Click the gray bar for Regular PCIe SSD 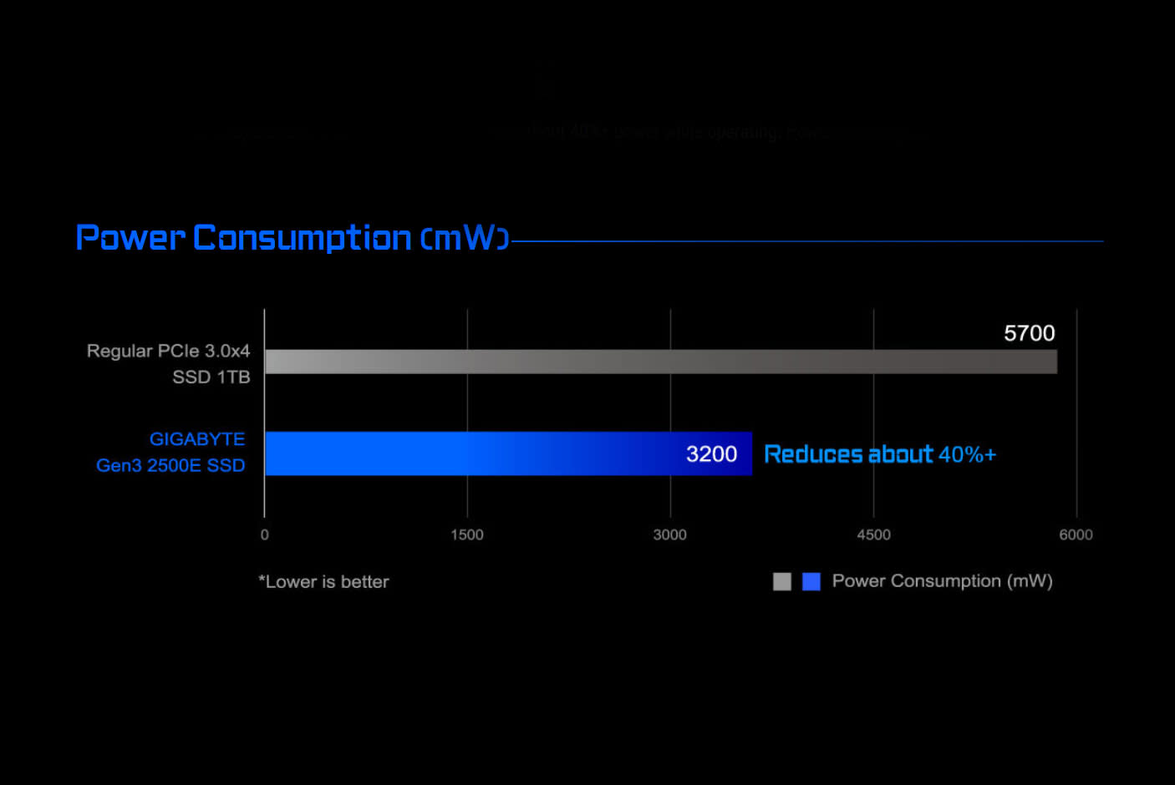pos(660,362)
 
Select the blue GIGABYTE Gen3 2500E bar pos(508,453)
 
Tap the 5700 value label pos(1029,333)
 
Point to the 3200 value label pos(711,454)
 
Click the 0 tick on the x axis pos(265,535)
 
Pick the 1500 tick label pos(467,535)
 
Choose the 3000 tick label pos(670,535)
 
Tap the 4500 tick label pos(873,535)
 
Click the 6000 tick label pos(1076,535)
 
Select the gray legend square pos(782,581)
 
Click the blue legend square pos(811,581)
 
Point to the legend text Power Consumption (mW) pos(942,581)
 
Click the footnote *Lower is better pos(324,582)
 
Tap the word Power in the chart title pos(130,238)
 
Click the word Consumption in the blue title pos(303,238)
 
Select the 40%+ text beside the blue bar pos(967,454)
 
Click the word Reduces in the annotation pos(813,454)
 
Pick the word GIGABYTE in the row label pos(197,439)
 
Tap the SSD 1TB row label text pos(211,377)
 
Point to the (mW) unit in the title pos(465,239)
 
